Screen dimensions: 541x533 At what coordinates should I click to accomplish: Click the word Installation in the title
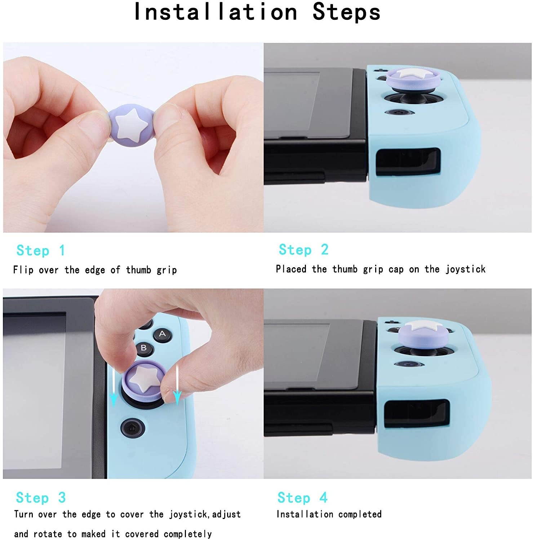[215, 12]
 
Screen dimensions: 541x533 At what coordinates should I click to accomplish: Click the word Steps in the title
[346, 12]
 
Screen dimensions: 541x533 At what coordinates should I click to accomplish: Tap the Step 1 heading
[40, 250]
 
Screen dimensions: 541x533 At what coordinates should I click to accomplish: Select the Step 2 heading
[303, 250]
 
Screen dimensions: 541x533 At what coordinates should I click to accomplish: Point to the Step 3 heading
[40, 498]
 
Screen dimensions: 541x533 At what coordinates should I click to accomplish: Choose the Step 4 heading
[302, 498]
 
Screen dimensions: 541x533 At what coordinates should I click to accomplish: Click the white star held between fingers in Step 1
[132, 124]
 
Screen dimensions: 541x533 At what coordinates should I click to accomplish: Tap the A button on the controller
[162, 334]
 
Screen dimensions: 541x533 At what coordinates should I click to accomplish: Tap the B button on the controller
[143, 348]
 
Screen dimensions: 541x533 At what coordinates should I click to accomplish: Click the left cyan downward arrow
[114, 391]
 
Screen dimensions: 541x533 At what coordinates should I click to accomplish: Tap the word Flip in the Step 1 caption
[23, 270]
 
